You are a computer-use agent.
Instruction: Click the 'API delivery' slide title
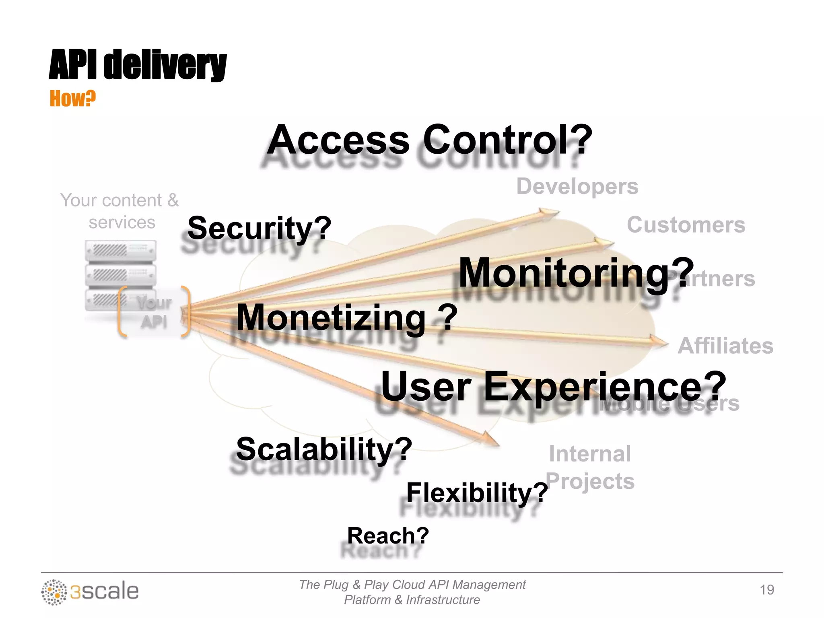138,64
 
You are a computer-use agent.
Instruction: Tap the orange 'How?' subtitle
72,99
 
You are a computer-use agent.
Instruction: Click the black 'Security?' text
259,228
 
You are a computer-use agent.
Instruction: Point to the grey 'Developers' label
577,186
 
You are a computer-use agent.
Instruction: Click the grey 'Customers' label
686,225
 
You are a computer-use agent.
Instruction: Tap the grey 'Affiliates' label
725,346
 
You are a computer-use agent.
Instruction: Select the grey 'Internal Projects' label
590,467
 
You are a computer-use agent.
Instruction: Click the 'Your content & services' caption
120,211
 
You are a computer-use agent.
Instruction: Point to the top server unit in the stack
120,251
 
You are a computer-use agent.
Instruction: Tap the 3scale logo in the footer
90,591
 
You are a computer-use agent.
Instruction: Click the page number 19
766,590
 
